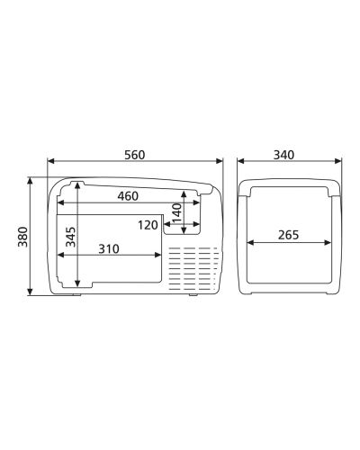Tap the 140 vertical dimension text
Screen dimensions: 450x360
tap(176, 214)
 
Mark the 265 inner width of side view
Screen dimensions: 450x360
tap(288, 235)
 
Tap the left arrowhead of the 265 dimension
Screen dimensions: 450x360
tap(247, 243)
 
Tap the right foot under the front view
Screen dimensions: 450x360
tap(193, 294)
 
